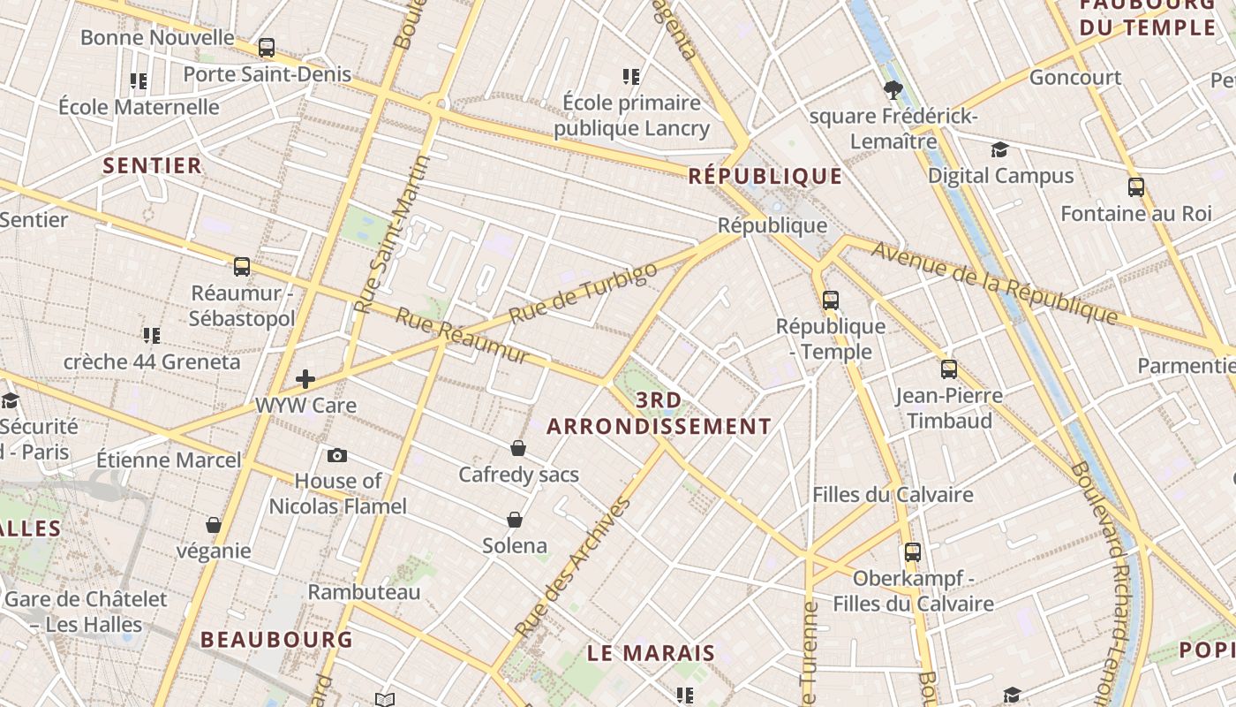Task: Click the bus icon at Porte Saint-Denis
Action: [x=266, y=48]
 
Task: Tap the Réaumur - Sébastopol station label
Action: [x=241, y=306]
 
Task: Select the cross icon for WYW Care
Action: [x=305, y=379]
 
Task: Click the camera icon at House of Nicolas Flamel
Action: [x=336, y=456]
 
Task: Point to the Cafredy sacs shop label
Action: [x=518, y=475]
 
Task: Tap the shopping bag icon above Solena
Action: [x=515, y=520]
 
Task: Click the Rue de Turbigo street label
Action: [x=584, y=293]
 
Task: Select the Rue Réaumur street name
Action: [x=462, y=336]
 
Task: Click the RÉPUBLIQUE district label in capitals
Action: [x=765, y=176]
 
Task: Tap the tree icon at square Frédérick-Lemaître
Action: [x=893, y=89]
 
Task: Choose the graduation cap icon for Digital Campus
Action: [x=999, y=150]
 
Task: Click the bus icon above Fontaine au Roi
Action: [x=1135, y=187]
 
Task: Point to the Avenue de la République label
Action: [x=994, y=282]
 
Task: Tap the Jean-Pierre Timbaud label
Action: [x=949, y=407]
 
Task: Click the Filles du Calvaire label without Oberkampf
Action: [x=893, y=494]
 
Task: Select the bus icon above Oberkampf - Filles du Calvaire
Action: [x=912, y=552]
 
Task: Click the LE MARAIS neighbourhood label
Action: [x=652, y=654]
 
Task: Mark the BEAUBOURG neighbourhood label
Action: [x=276, y=639]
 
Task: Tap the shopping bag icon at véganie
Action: [x=213, y=525]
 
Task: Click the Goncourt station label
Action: [x=1075, y=78]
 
